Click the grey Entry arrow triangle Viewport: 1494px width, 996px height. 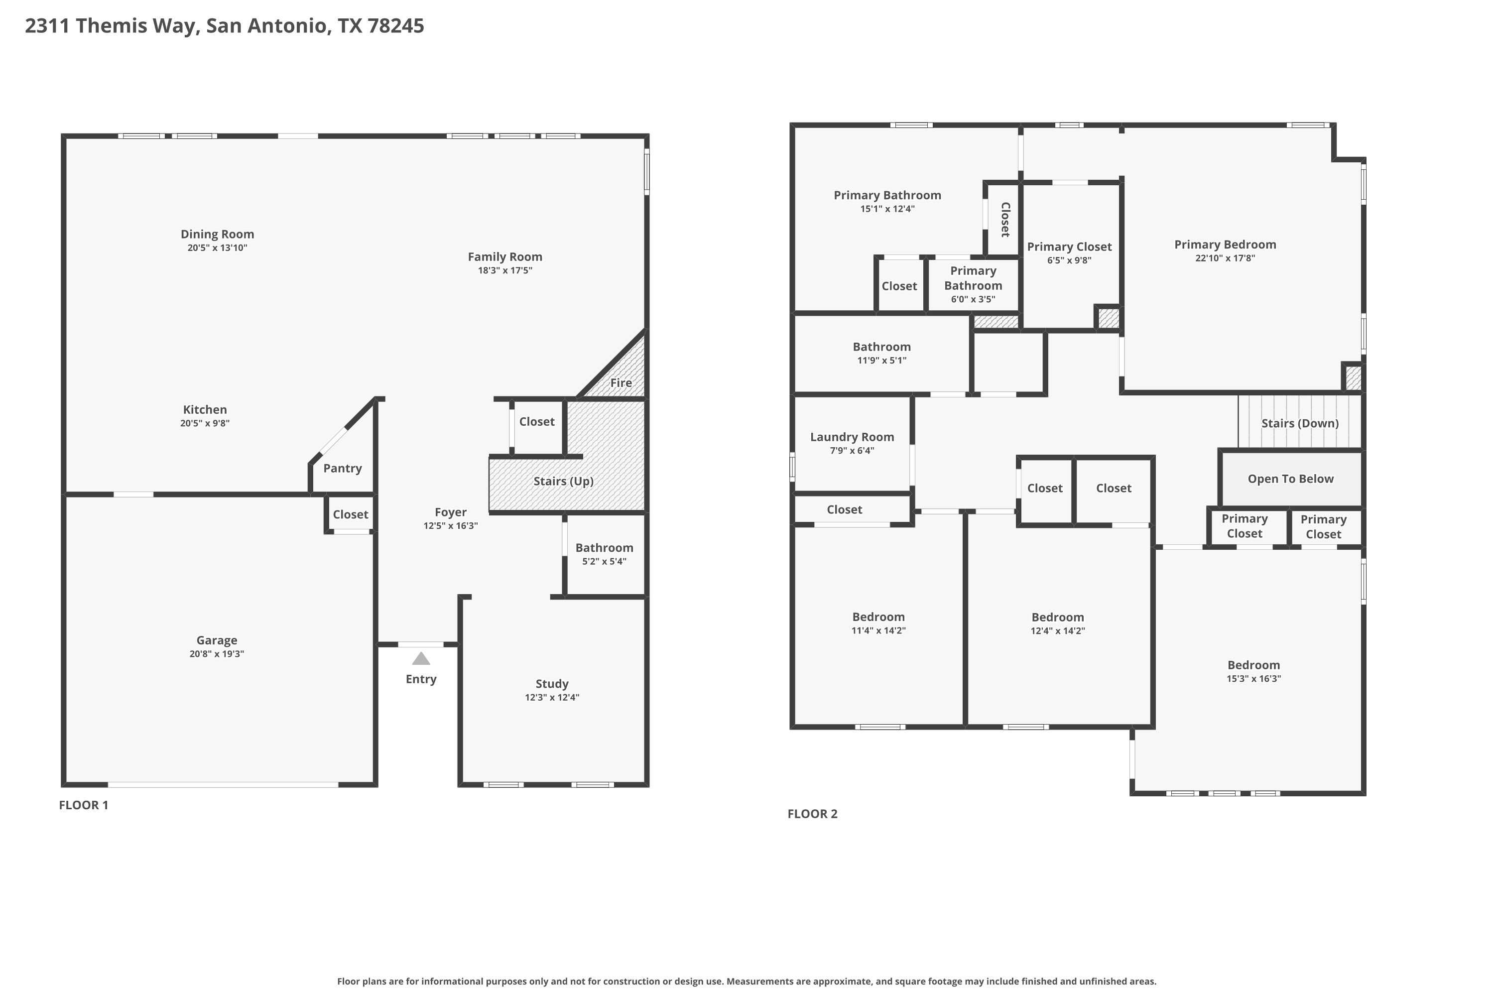(x=421, y=659)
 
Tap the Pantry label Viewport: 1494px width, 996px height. (x=343, y=469)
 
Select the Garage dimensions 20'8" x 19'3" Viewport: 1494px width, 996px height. (x=217, y=653)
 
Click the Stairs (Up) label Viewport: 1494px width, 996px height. (x=563, y=482)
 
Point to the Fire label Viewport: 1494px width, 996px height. (x=621, y=382)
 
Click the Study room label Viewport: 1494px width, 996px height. (x=551, y=683)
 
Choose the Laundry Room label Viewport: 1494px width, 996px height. (x=852, y=437)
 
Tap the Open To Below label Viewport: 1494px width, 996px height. (x=1290, y=479)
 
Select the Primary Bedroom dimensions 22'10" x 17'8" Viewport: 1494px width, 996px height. (x=1225, y=258)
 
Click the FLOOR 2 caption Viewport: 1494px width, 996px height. (x=812, y=814)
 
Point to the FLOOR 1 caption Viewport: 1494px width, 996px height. (x=83, y=805)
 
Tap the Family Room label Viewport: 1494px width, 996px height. (x=505, y=256)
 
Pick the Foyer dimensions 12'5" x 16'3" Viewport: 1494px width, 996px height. (x=450, y=525)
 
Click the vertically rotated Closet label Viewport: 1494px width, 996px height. (x=1005, y=219)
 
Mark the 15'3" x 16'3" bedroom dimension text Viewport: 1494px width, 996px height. (x=1253, y=678)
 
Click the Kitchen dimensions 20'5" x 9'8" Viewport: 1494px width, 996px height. (x=205, y=423)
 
